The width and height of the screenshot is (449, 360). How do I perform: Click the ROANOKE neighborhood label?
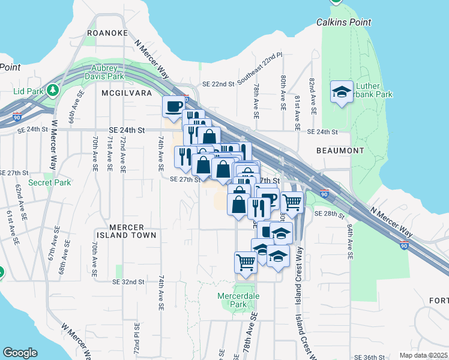[107, 34]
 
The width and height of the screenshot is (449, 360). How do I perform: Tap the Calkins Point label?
[342, 23]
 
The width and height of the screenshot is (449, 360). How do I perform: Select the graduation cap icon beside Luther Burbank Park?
[342, 92]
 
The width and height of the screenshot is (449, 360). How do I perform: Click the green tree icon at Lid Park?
[53, 91]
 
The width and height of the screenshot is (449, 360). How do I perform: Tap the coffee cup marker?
[174, 106]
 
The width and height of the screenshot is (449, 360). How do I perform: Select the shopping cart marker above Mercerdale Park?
[246, 262]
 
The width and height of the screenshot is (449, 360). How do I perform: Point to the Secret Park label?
[49, 182]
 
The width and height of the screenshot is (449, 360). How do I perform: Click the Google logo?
[20, 353]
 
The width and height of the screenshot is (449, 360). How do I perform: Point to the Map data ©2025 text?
[424, 355]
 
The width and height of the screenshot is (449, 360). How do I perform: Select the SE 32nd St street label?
[128, 281]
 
